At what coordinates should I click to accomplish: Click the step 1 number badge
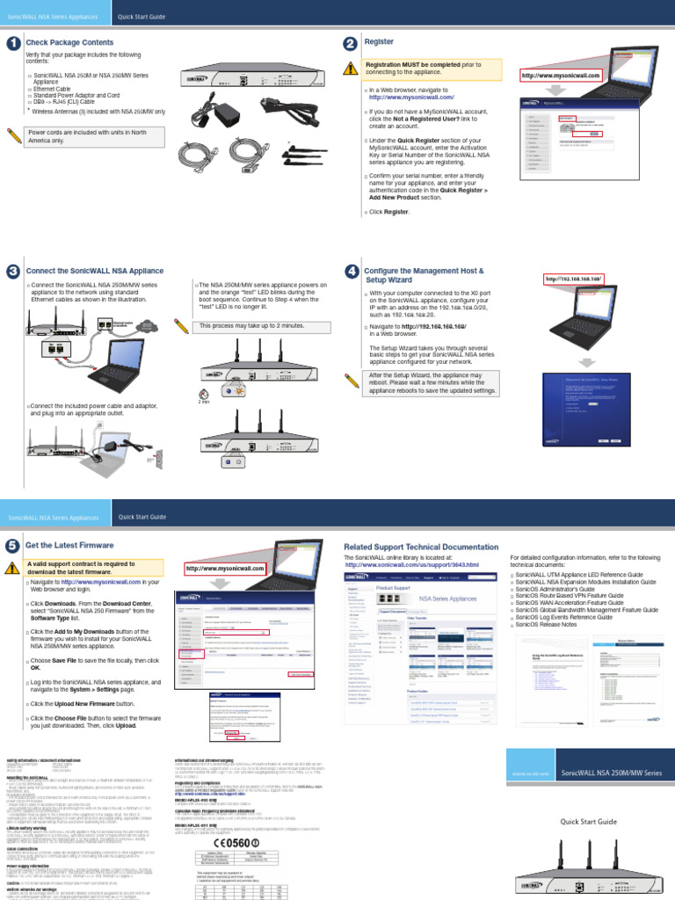pyautogui.click(x=12, y=43)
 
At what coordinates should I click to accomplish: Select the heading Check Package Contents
pyautogui.click(x=69, y=43)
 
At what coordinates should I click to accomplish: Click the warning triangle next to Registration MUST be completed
pyautogui.click(x=351, y=69)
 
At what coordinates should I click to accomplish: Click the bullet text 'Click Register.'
pyautogui.click(x=388, y=212)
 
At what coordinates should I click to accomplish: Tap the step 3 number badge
pyautogui.click(x=12, y=271)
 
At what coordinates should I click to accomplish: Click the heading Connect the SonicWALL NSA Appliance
pyautogui.click(x=95, y=272)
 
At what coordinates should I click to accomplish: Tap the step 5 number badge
pyautogui.click(x=12, y=546)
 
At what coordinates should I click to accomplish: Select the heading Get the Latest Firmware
pyautogui.click(x=71, y=546)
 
